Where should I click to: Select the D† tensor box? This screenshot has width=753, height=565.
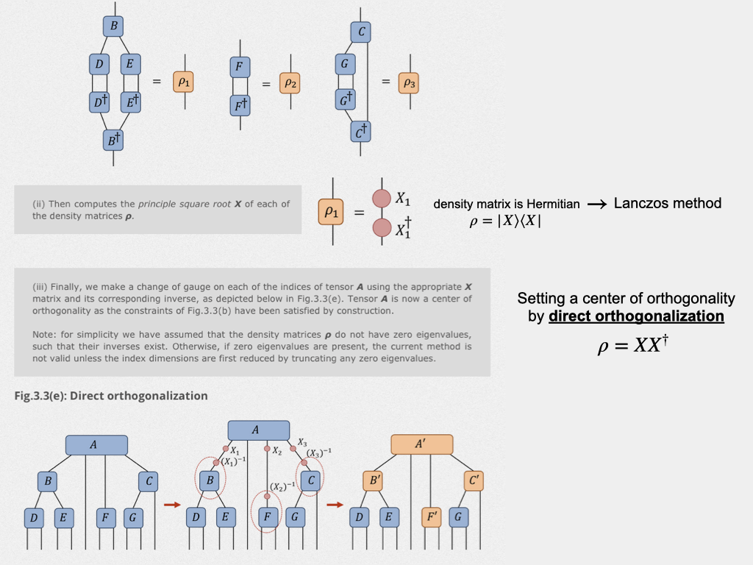click(99, 102)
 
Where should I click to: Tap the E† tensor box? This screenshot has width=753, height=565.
click(130, 102)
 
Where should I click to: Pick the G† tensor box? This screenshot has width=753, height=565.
click(345, 99)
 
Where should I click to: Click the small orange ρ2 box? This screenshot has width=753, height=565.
click(290, 84)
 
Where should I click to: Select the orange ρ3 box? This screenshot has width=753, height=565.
click(409, 83)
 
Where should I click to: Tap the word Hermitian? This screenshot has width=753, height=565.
click(552, 205)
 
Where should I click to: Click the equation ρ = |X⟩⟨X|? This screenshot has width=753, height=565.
click(505, 221)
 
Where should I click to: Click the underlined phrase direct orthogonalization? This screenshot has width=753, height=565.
click(636, 316)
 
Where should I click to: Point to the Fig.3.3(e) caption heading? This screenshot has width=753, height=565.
click(110, 396)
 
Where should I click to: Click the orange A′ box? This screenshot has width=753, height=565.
click(421, 444)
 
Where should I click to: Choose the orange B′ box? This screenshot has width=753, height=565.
click(373, 481)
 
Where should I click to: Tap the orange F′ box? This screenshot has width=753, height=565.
click(431, 518)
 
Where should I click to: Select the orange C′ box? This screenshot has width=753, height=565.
click(474, 481)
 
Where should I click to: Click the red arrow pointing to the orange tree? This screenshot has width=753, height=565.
click(335, 505)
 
